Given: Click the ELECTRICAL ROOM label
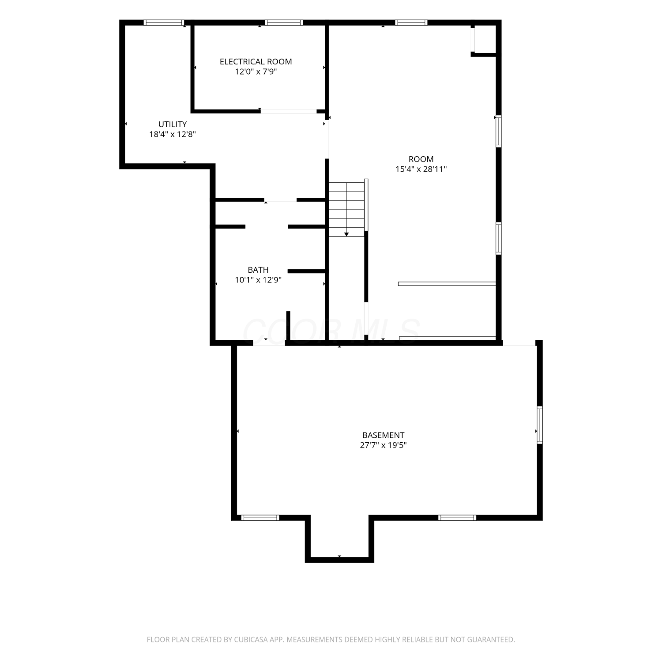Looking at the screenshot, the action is (256, 62).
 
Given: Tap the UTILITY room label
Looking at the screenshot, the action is (173, 124).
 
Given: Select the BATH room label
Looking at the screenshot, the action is (258, 270).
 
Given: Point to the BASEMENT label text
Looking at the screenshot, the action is (383, 436).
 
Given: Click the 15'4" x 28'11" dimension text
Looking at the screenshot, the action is (421, 169).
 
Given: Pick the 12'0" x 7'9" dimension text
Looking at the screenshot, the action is (256, 71).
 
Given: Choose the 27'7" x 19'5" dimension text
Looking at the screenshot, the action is (383, 445).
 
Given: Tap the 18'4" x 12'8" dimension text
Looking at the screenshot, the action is (173, 134).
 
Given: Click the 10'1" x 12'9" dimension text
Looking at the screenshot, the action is (258, 280).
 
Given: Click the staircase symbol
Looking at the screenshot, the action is (347, 209).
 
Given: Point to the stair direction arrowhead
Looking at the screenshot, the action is (346, 234).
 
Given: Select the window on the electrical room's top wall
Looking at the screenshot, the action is (284, 23).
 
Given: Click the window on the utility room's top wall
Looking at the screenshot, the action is (164, 23).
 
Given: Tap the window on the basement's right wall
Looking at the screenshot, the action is (540, 425).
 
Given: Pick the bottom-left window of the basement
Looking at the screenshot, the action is (260, 518).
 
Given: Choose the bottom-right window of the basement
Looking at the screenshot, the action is (457, 518).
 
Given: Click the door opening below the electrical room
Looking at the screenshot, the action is (288, 111).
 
